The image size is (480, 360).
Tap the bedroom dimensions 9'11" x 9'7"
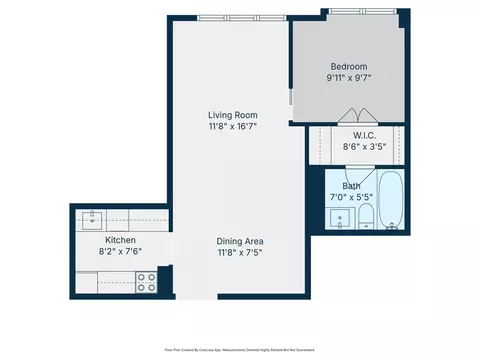(349, 78)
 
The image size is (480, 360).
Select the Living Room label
(233, 115)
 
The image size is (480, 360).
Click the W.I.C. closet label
(364, 135)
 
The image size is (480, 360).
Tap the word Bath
(352, 185)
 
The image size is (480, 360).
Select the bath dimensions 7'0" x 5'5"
(352, 198)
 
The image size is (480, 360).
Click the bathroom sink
(341, 219)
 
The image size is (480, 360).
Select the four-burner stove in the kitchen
(146, 282)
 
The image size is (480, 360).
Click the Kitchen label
(121, 241)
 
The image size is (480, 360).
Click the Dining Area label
(240, 241)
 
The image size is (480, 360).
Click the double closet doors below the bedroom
(349, 115)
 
